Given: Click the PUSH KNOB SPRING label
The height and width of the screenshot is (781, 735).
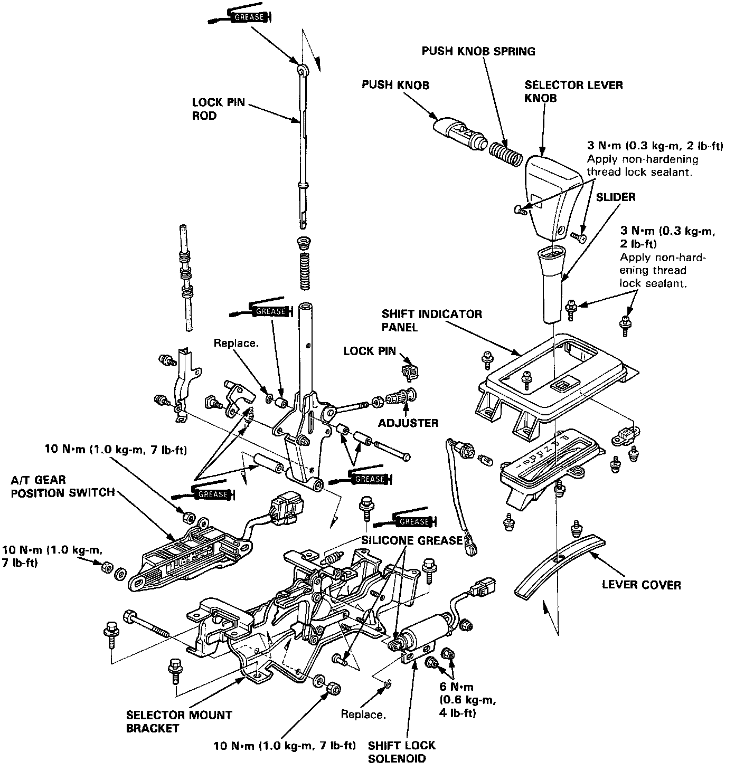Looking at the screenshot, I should (478, 51).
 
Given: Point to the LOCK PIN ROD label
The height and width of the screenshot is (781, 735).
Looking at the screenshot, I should (218, 109).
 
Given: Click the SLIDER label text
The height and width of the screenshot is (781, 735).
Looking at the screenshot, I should (616, 197).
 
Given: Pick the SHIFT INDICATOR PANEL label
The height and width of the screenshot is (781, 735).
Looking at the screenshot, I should (431, 320).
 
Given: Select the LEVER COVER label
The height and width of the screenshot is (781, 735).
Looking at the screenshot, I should (641, 585).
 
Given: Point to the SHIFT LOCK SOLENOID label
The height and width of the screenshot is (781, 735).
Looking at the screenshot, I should (402, 752).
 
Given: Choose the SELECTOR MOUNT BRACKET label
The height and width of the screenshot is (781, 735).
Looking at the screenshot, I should (179, 722).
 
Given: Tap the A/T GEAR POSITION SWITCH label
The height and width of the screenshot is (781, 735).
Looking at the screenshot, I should (62, 485).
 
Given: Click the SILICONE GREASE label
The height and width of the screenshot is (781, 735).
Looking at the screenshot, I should (412, 540).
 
